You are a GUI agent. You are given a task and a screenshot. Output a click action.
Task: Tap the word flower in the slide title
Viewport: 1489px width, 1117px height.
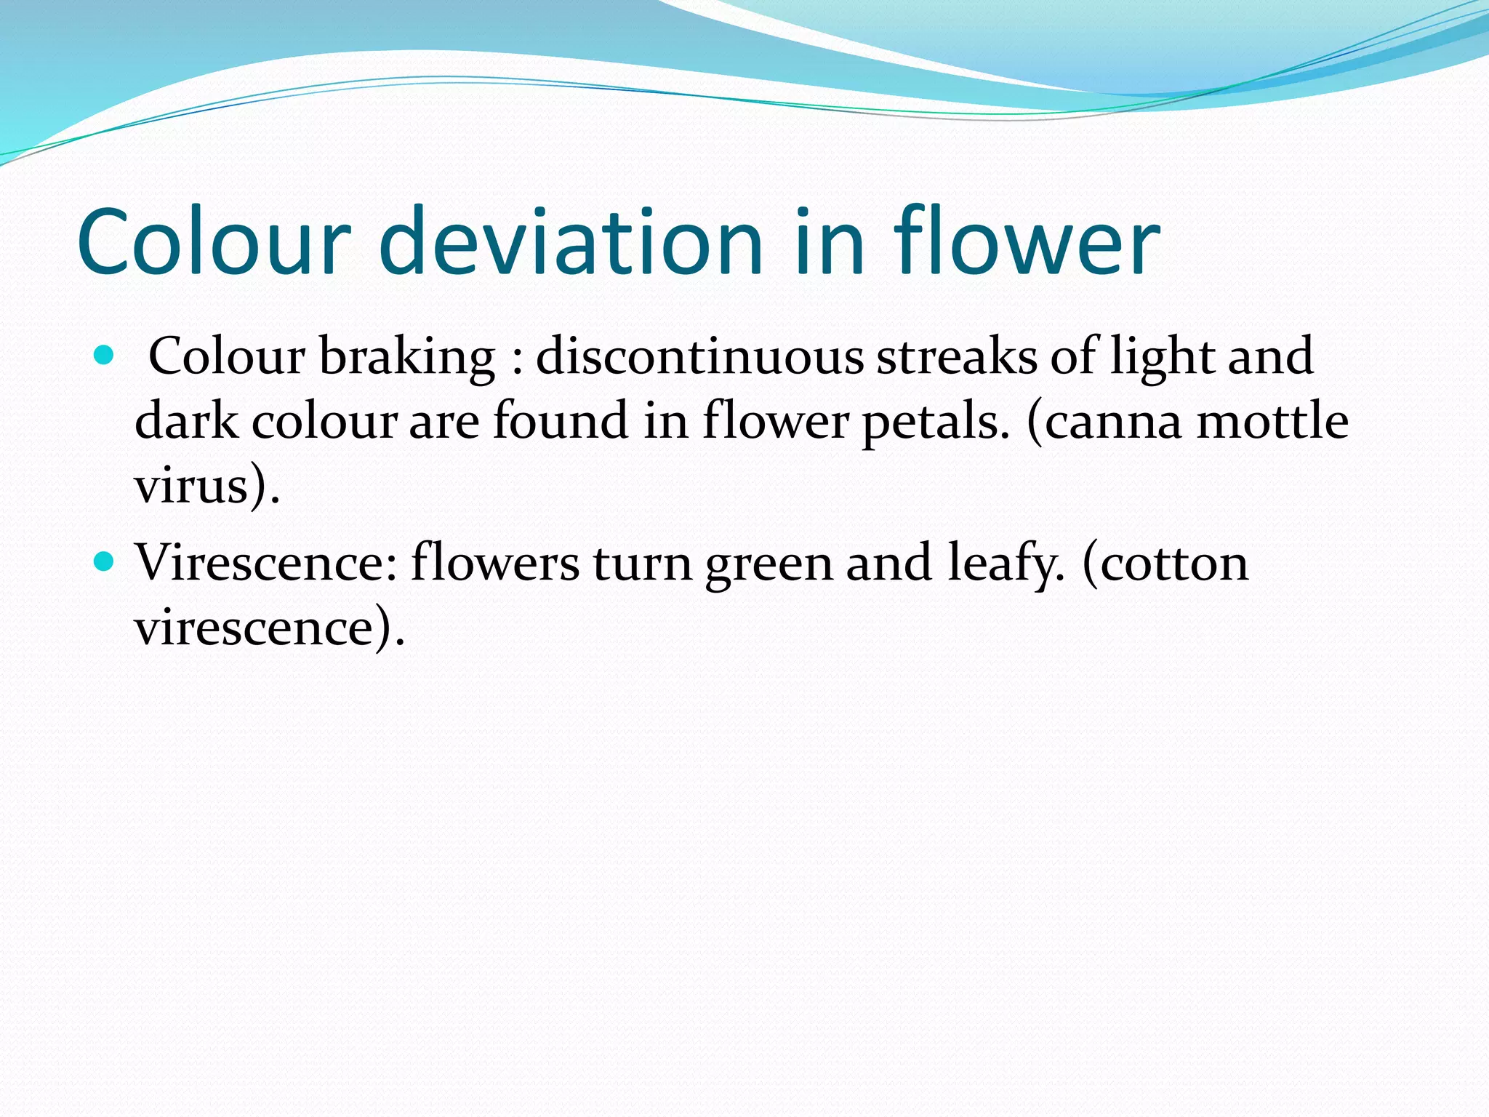(1027, 242)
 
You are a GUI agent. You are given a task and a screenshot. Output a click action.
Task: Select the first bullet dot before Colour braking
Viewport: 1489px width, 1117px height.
(105, 356)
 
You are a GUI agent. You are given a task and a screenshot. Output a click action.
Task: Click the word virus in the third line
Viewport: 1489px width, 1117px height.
(193, 485)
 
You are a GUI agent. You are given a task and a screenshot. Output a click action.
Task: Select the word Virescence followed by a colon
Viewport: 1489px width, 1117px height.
(266, 564)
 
